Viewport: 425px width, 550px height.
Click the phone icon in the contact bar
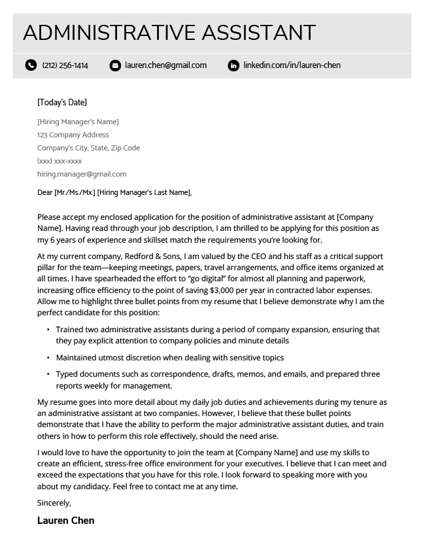coord(31,65)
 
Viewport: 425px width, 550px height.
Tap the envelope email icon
coord(115,65)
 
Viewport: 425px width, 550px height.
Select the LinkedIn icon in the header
coord(233,65)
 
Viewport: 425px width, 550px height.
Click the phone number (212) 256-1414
coord(65,65)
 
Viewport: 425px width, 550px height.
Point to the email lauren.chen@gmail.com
coord(165,65)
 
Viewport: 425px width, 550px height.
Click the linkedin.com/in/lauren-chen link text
coord(292,65)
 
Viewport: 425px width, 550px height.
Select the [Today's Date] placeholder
coord(62,102)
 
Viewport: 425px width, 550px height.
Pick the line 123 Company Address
coord(73,135)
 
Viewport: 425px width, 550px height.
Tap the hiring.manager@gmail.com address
coord(82,174)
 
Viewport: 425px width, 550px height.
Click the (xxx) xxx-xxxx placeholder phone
coord(59,161)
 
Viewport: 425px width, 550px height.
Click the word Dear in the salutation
coord(45,192)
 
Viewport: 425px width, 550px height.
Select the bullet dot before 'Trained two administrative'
coord(48,330)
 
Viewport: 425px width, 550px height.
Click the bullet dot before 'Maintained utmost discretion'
coord(48,358)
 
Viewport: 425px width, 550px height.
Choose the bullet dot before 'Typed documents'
coord(48,375)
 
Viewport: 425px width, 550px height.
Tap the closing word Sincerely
coord(54,503)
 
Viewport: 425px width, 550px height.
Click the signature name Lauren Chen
coord(66,521)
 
